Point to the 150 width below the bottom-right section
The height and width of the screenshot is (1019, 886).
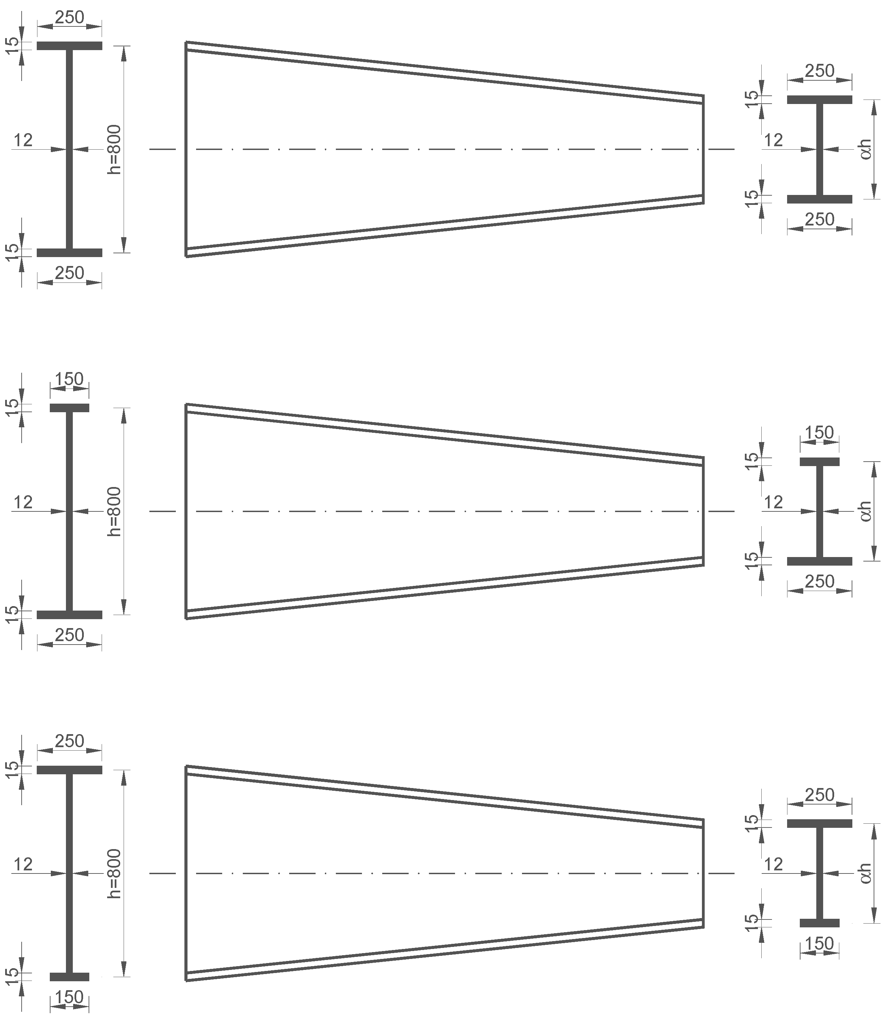pos(819,943)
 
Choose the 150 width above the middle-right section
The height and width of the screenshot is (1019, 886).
pos(819,432)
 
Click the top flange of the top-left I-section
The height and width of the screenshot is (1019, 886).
pos(69,46)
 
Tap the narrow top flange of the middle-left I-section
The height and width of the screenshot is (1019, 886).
pos(69,408)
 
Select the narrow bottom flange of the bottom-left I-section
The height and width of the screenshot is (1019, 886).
pos(69,977)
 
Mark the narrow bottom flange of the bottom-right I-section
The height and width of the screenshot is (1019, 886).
pos(819,923)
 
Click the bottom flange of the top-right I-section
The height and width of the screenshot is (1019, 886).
pos(819,199)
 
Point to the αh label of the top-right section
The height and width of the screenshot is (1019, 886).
pos(865,149)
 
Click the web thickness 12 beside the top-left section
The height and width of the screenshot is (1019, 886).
pos(23,140)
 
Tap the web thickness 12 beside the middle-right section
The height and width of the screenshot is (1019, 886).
pos(773,502)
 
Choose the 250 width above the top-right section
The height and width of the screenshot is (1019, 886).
pos(819,71)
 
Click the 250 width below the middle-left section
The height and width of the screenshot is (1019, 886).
pos(69,635)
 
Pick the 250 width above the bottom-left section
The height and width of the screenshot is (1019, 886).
pos(69,741)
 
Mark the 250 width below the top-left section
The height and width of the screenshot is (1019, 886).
pos(69,273)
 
